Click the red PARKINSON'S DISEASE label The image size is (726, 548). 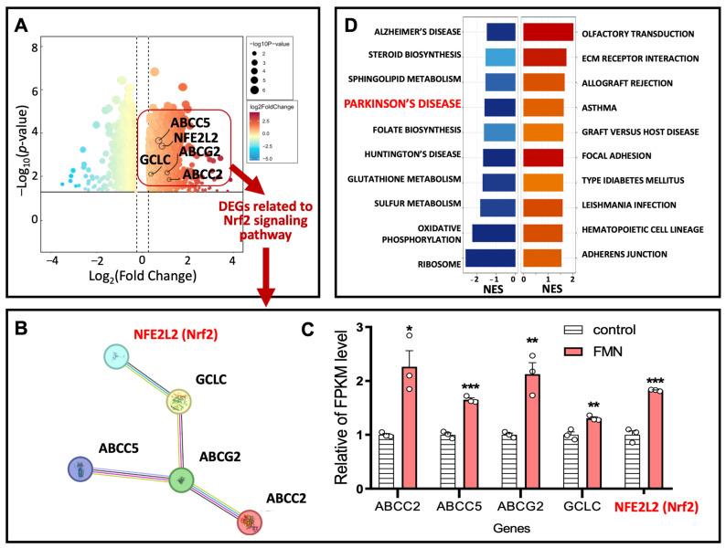(x=403, y=105)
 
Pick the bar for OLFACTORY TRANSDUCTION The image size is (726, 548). (x=548, y=33)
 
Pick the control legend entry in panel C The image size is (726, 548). (x=604, y=330)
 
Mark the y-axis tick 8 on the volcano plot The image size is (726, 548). (x=36, y=48)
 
